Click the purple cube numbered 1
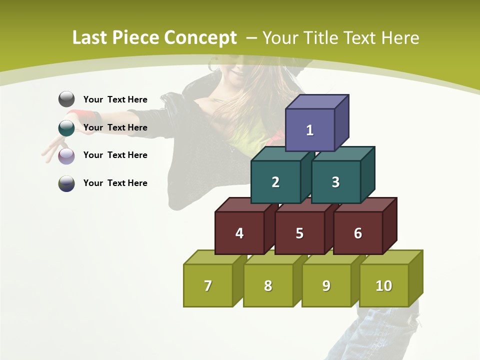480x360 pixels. pyautogui.click(x=310, y=130)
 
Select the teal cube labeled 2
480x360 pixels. pyautogui.click(x=275, y=182)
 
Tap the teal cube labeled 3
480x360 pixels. pyautogui.click(x=335, y=182)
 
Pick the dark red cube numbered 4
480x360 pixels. pyautogui.click(x=239, y=233)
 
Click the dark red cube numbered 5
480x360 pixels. pyautogui.click(x=299, y=233)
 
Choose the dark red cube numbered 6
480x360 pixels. pyautogui.click(x=358, y=233)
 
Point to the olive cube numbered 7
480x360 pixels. pyautogui.click(x=208, y=285)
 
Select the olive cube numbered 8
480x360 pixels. pyautogui.click(x=268, y=285)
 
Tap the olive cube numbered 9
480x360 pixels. pyautogui.click(x=326, y=285)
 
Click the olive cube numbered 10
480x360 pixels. pyautogui.click(x=384, y=285)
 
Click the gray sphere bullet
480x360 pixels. pyautogui.click(x=66, y=99)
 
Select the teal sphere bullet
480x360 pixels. pyautogui.click(x=66, y=128)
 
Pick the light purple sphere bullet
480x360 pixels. pyautogui.click(x=66, y=156)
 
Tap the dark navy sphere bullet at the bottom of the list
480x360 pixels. pyautogui.click(x=66, y=183)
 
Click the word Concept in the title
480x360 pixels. pyautogui.click(x=200, y=38)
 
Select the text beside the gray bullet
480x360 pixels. pyautogui.click(x=115, y=99)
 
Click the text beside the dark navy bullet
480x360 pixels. pyautogui.click(x=115, y=183)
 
